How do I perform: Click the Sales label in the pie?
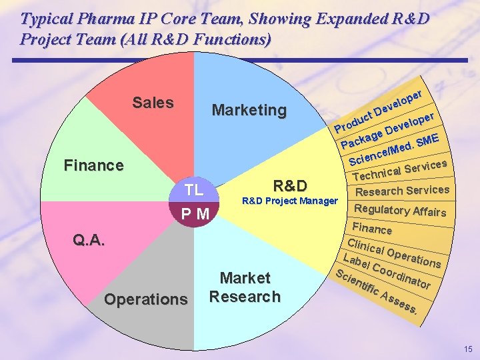tap(153, 103)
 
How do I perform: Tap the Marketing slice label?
tap(249, 110)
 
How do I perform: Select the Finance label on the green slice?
tap(93, 165)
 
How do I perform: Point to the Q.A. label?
tap(89, 241)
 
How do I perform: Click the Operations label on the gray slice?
tap(146, 299)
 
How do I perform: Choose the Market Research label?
tap(245, 287)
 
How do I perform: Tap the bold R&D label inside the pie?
tap(290, 185)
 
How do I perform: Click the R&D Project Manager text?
tap(289, 201)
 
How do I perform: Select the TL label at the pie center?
tap(194, 190)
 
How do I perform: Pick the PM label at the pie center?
tap(195, 214)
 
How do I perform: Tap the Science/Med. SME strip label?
tap(394, 151)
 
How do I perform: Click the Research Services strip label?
tap(403, 191)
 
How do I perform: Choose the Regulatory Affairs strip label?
tap(400, 210)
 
